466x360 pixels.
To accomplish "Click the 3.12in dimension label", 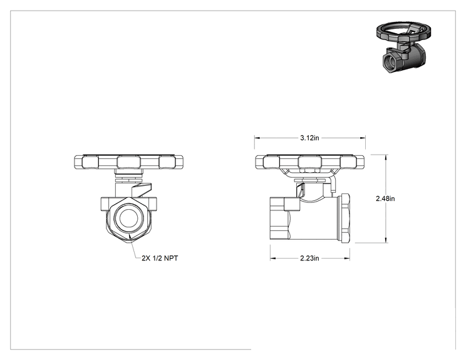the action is coord(309,138).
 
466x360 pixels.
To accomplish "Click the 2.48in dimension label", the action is coord(385,198).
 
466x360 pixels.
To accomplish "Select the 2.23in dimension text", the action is coord(309,258).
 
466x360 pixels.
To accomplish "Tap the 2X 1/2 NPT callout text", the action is coord(160,258).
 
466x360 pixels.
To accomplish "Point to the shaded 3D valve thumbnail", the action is coord(401,47).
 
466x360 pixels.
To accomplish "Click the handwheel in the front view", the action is coord(128,162).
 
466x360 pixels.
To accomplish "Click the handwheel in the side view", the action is coord(309,162).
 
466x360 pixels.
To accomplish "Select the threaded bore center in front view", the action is coord(128,218).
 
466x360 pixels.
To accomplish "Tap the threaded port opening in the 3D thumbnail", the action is coord(390,63).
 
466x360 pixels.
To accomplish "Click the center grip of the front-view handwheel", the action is coord(128,162).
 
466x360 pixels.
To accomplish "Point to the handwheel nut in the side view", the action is coord(309,170).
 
